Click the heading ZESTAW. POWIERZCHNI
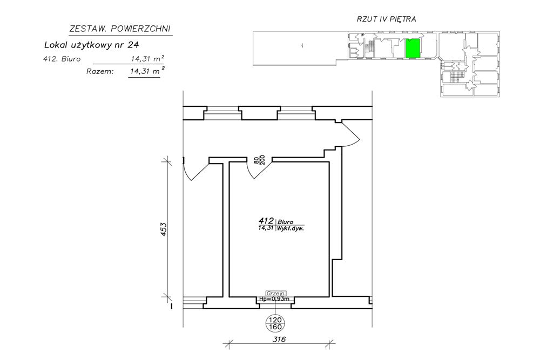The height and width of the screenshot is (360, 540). (120, 29)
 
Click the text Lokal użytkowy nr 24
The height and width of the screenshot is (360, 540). (92, 45)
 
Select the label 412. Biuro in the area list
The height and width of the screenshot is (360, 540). (62, 59)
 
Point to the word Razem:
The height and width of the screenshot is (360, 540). (100, 72)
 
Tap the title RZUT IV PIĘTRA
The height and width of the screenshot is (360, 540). (386, 19)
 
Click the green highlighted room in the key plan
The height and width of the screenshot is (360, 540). (413, 48)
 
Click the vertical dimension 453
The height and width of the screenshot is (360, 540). (164, 229)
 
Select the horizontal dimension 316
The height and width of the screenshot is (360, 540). (279, 339)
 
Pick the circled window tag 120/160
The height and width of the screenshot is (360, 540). (274, 323)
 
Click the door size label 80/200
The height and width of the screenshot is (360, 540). (259, 160)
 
